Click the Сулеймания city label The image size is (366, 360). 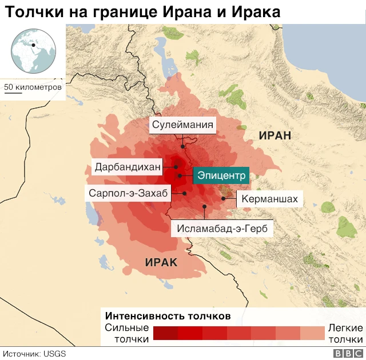(183, 125)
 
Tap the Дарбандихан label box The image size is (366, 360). (128, 167)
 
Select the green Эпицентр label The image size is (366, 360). (220, 175)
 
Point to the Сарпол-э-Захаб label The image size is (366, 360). (128, 193)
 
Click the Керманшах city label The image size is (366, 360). (269, 199)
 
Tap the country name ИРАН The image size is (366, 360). (275, 135)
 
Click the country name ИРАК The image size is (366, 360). (161, 262)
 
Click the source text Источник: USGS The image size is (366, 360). (34, 354)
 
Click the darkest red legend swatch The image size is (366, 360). (165, 333)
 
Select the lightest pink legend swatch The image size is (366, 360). (312, 333)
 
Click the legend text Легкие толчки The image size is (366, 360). (345, 333)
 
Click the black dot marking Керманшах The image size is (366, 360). (224, 198)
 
